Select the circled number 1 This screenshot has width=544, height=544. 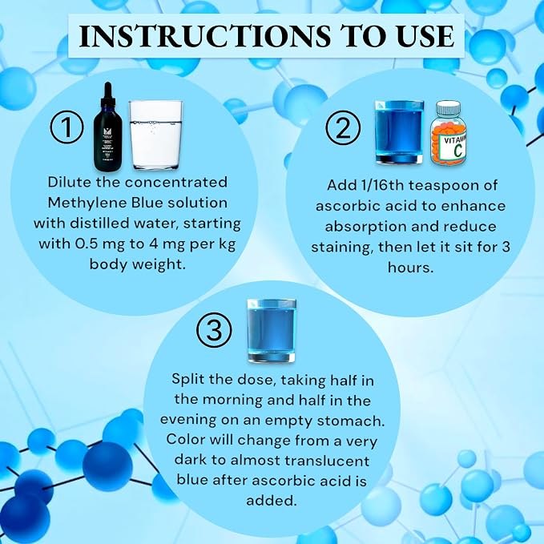(67, 127)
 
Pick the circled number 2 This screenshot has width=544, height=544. (343, 127)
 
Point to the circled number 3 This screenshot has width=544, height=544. (214, 330)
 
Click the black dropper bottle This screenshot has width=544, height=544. (108, 127)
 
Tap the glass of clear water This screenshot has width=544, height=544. (155, 135)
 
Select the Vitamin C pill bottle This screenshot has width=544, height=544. (448, 133)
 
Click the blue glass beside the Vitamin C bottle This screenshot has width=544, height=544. (399, 132)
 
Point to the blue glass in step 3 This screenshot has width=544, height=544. (272, 331)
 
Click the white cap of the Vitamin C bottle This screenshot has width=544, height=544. (448, 108)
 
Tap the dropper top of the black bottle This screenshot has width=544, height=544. (108, 95)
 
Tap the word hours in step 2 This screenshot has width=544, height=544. (410, 268)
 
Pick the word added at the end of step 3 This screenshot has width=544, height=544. (272, 501)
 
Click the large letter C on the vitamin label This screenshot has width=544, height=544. (458, 151)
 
